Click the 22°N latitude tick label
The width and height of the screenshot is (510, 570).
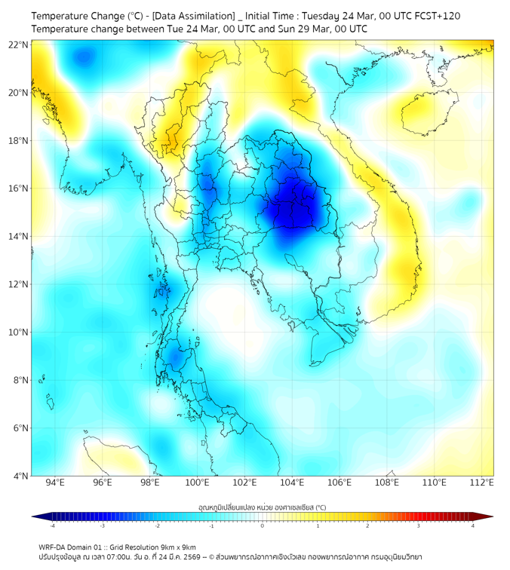coord(19,44)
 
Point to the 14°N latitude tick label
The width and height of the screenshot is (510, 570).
coord(19,236)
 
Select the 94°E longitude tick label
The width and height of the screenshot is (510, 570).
coord(55,483)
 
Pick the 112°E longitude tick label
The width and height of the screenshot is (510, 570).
coord(481,483)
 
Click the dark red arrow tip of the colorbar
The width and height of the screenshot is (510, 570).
coord(488,516)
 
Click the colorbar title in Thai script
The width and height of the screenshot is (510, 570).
coord(262,507)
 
